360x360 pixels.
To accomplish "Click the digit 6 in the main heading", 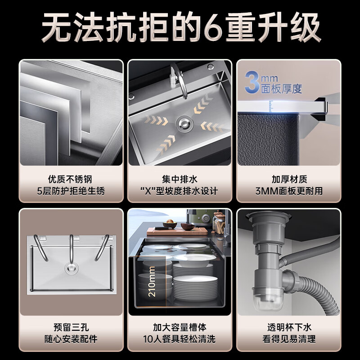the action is click(x=213, y=27).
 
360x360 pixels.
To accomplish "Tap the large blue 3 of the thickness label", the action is click(x=252, y=82).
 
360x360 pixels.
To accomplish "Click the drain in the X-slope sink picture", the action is click(x=184, y=124).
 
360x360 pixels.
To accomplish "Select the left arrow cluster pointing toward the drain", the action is click(x=157, y=120).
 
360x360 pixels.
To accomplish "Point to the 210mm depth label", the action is click(x=152, y=281).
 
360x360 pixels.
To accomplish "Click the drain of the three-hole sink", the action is click(x=72, y=268).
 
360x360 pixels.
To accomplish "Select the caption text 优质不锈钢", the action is click(x=70, y=179).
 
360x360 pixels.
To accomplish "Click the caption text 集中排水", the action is click(x=180, y=179).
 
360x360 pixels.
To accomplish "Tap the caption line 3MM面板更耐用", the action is click(x=289, y=191).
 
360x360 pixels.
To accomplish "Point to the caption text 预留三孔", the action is click(x=71, y=328).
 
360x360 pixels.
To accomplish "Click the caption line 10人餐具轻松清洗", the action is click(x=179, y=339).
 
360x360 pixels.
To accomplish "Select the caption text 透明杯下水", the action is click(x=289, y=328).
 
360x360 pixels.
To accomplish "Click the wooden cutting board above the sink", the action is click(x=177, y=231).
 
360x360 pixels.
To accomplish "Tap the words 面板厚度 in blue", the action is click(x=282, y=89).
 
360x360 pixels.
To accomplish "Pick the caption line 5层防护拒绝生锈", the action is click(x=71, y=191).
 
